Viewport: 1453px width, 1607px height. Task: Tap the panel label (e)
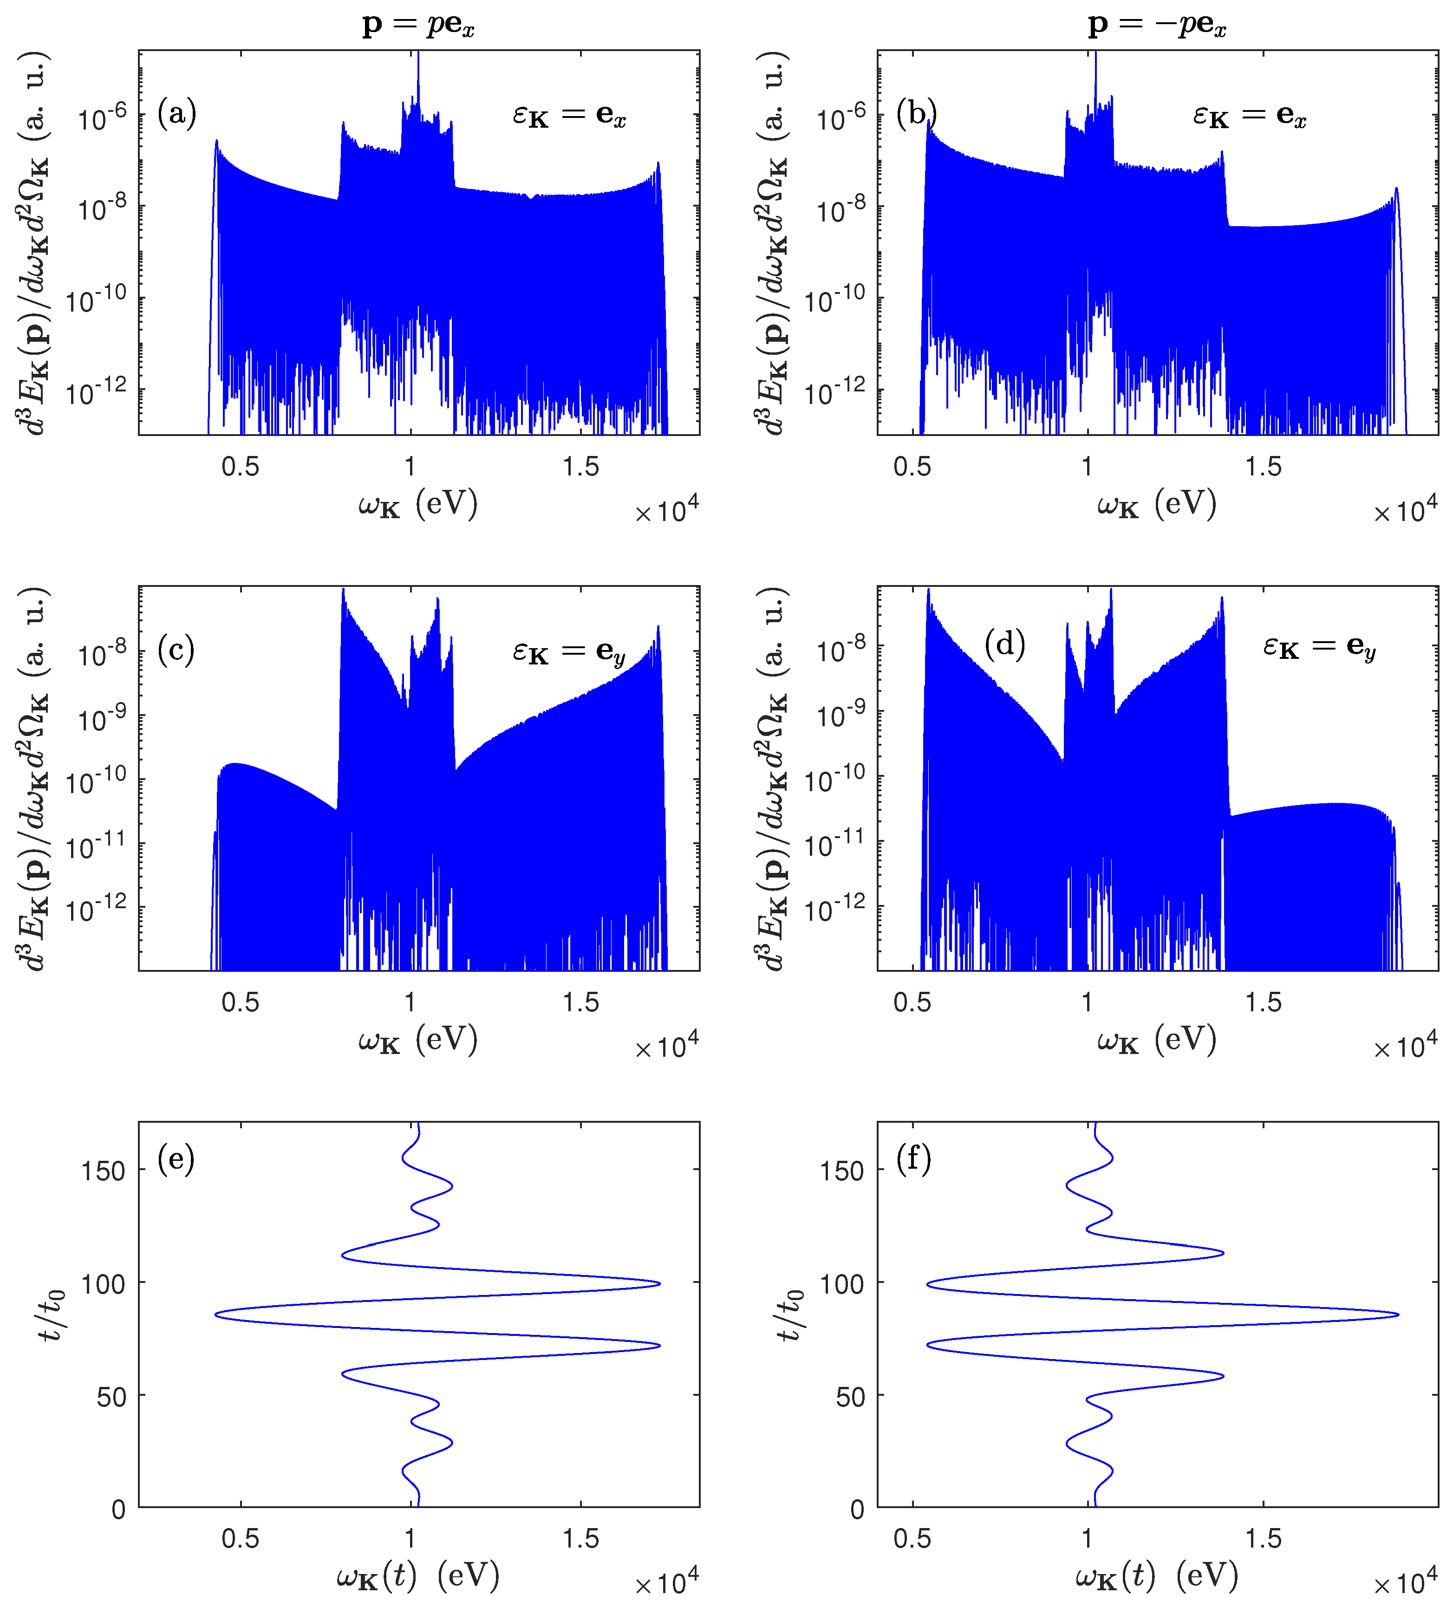(x=176, y=1158)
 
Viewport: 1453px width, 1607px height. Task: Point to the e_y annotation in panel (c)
(x=569, y=652)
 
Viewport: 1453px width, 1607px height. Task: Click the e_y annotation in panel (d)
(x=1319, y=646)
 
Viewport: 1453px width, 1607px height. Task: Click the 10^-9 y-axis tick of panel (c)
(x=102, y=719)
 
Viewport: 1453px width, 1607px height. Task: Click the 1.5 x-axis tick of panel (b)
(x=1263, y=466)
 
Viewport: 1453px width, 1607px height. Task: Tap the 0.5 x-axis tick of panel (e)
(x=240, y=1538)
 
